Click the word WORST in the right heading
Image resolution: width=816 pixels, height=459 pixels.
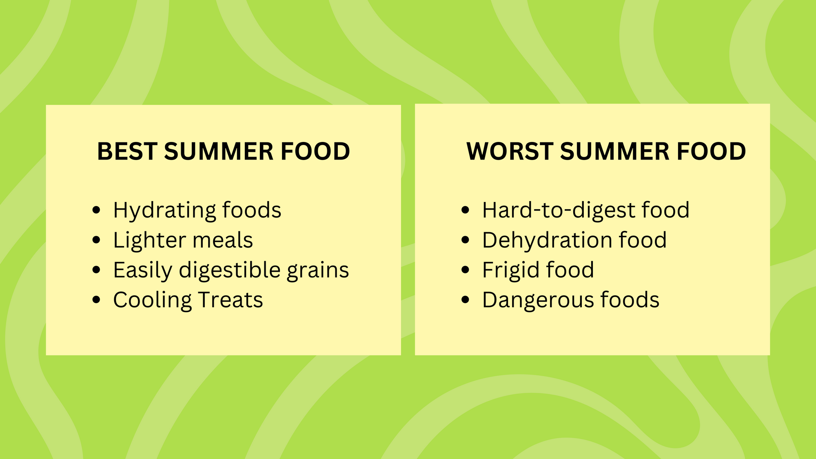pos(510,151)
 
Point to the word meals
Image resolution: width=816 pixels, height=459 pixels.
pos(223,240)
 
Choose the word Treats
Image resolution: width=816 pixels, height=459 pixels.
pos(231,300)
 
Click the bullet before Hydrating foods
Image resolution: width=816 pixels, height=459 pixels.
pos(96,210)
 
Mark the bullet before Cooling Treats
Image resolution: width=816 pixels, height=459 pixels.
pos(96,300)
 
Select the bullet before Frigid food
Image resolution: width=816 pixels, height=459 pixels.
pos(466,270)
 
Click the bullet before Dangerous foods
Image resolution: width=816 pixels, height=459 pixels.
pos(466,300)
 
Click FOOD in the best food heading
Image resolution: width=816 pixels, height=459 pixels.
pos(315,151)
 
